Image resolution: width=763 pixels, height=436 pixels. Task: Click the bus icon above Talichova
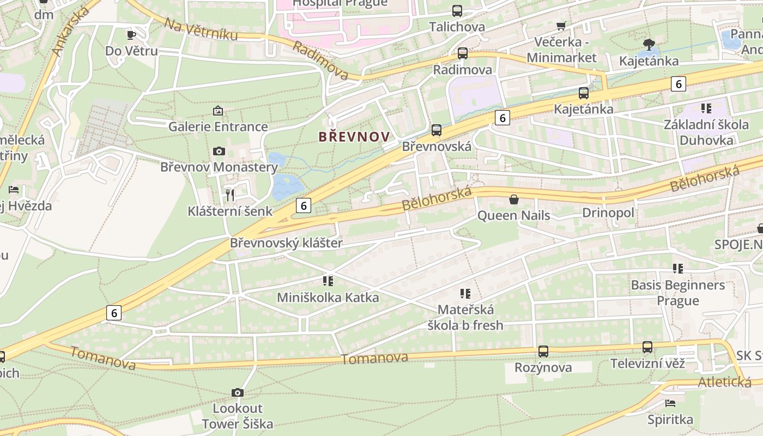(x=457, y=10)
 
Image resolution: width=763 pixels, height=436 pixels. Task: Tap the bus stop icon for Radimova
(x=462, y=53)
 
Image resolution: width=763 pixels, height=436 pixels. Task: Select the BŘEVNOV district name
(x=354, y=137)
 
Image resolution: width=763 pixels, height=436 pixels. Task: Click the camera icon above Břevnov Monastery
(x=219, y=151)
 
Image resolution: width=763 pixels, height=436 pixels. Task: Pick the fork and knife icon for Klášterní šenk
(x=230, y=195)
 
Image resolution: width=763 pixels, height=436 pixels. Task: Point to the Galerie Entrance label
(x=218, y=127)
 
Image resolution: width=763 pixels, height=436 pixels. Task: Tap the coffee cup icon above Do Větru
(x=131, y=35)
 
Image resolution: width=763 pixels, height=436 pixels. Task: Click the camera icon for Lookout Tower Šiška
(x=237, y=392)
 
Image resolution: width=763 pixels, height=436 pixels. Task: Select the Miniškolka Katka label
(x=328, y=298)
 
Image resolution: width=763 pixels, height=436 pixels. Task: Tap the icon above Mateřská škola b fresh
(x=465, y=294)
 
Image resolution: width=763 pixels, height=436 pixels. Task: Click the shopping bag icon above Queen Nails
(x=513, y=199)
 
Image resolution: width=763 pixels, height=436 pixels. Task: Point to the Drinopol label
(x=608, y=213)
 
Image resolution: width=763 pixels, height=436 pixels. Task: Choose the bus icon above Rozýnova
(x=543, y=352)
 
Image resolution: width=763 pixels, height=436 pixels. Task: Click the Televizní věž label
(x=647, y=364)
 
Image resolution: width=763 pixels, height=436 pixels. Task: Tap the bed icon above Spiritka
(x=670, y=403)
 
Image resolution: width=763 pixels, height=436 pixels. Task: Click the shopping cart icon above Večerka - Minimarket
(x=561, y=26)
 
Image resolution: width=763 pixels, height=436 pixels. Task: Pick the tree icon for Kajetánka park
(x=649, y=44)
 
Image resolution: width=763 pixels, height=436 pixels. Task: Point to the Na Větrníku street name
(x=201, y=29)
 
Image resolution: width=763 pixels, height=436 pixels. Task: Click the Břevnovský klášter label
(x=286, y=243)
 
